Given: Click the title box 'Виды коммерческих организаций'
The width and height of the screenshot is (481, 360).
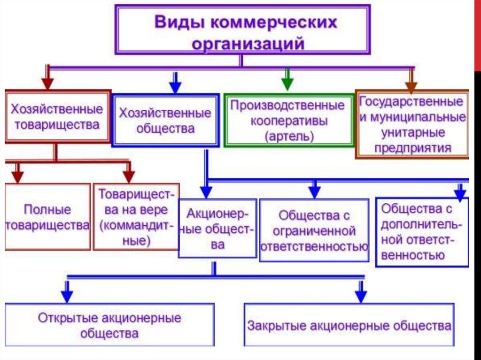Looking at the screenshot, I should (242, 30).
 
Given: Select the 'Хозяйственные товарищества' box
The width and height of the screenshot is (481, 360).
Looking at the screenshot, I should (58, 117).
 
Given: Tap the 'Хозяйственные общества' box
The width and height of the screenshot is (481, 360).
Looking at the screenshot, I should (165, 121).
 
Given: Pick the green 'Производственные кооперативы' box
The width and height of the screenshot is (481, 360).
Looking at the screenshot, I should (288, 121).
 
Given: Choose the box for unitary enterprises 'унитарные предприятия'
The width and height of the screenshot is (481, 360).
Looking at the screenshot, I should (412, 124).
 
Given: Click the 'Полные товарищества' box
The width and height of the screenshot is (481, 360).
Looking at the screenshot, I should (47, 216).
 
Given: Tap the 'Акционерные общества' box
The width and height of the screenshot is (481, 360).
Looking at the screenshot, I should (217, 228).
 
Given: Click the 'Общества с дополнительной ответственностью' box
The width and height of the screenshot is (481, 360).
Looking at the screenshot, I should (422, 232).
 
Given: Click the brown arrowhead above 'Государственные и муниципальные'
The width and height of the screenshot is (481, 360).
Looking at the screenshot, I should (411, 85).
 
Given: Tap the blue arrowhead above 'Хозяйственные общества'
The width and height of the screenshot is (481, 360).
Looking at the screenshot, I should (175, 87).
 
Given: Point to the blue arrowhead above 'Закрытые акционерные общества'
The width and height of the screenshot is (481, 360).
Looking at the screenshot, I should (360, 296).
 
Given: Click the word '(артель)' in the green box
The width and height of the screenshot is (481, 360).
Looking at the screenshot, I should (288, 137).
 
